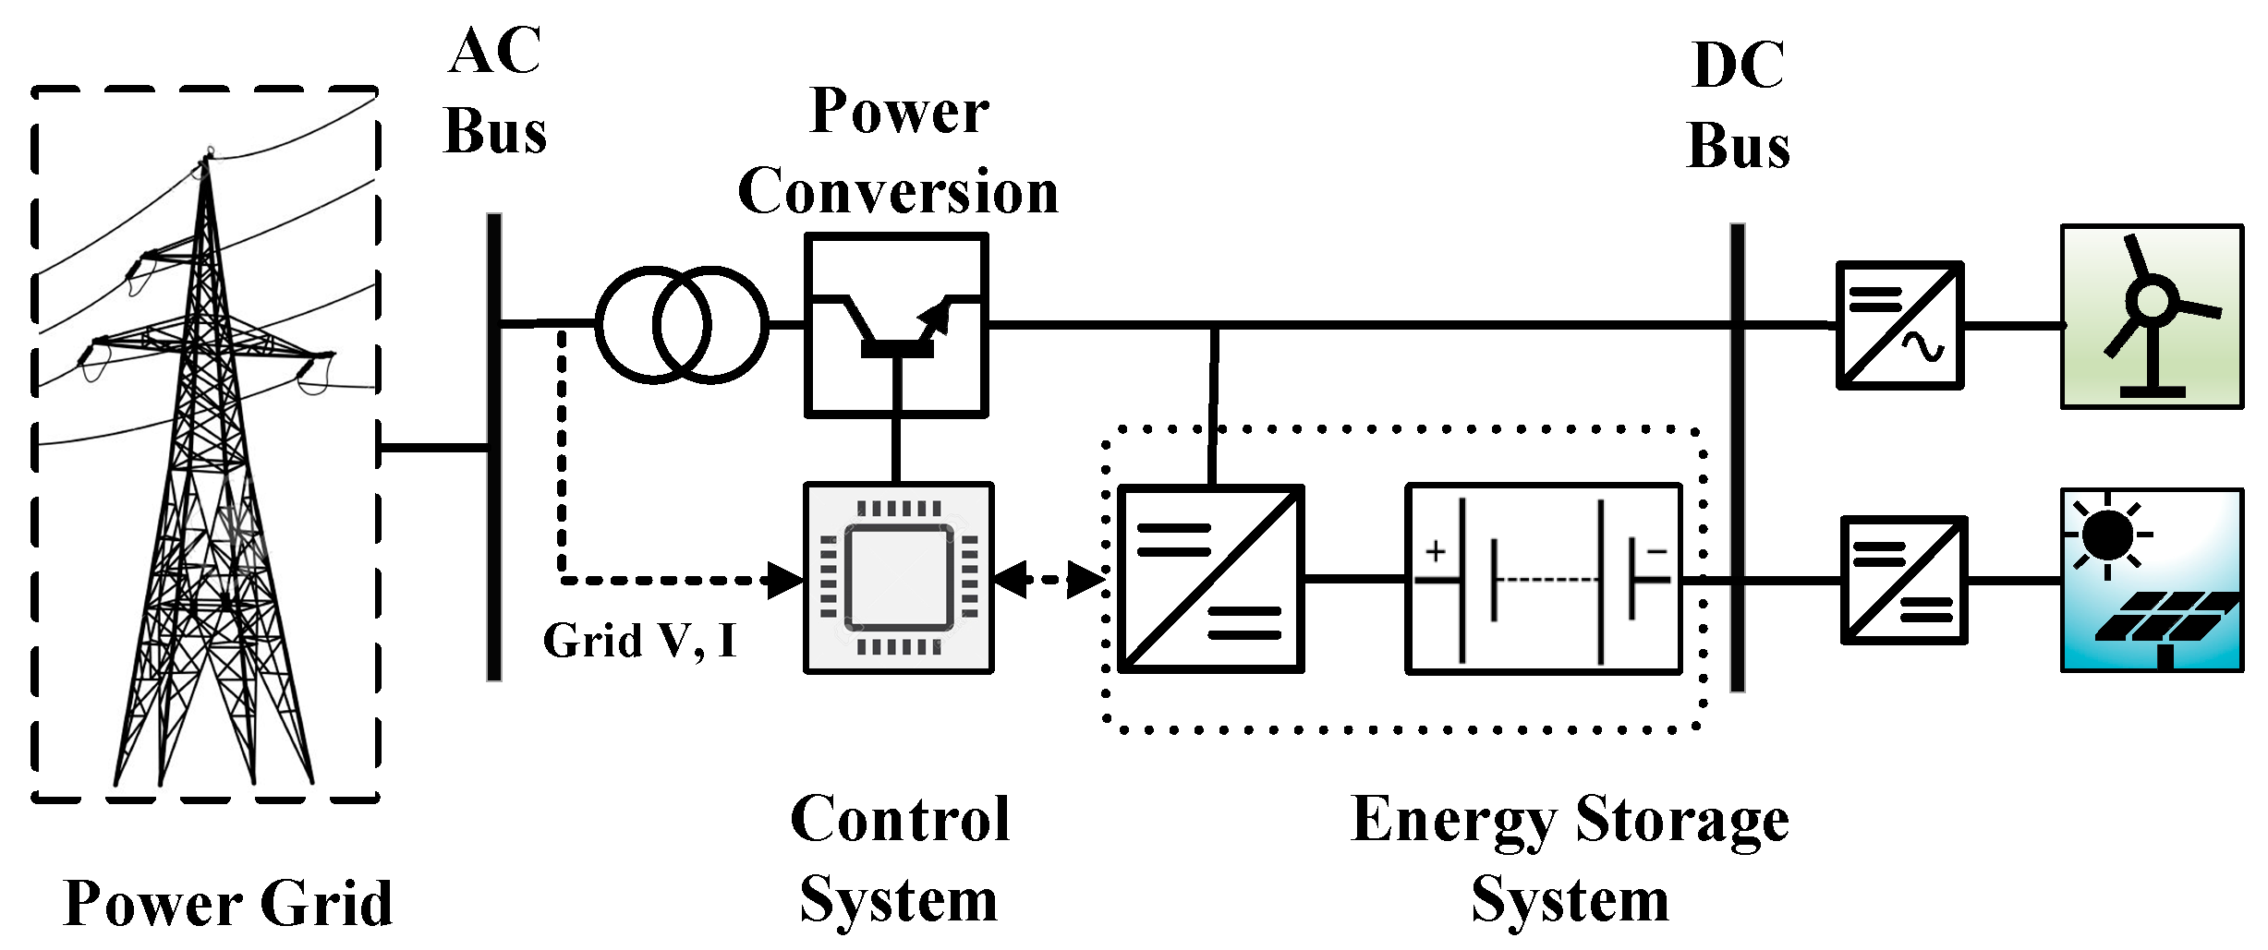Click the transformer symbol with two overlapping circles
[682, 325]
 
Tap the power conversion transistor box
[896, 325]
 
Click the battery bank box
[1544, 579]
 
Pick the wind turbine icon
[2152, 316]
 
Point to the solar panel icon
[2152, 580]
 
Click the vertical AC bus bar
[494, 448]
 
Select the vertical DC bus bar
[1737, 457]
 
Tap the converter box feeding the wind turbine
[1899, 325]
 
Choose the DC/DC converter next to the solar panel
[1904, 580]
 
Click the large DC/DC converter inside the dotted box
[1210, 579]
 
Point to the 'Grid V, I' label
[639, 640]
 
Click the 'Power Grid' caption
[228, 903]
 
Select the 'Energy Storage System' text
[1570, 859]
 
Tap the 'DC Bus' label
[1738, 106]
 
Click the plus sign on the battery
[1435, 552]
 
